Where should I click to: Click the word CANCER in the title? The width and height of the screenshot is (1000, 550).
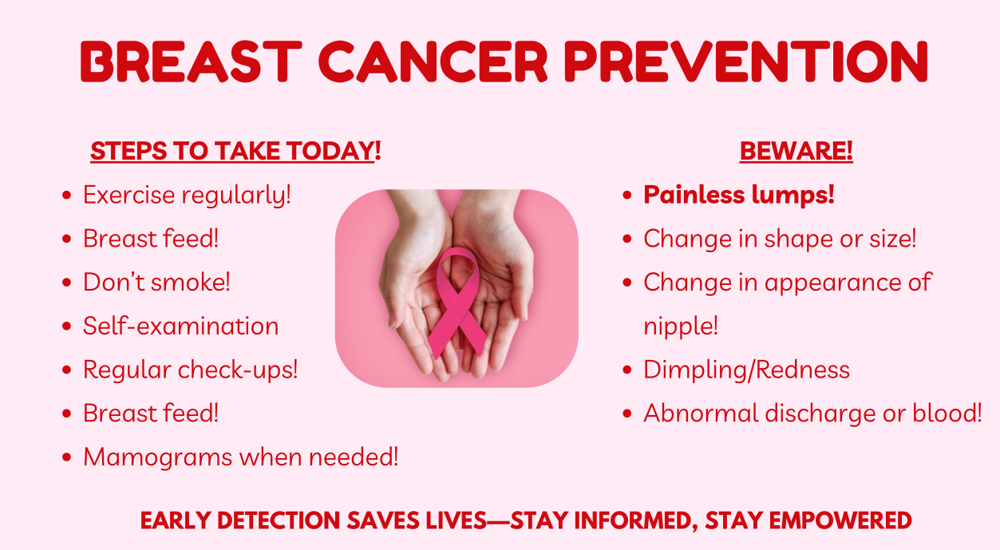tap(433, 61)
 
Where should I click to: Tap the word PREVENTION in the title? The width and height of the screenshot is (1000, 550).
tap(745, 61)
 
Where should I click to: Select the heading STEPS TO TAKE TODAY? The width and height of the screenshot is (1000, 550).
tap(235, 151)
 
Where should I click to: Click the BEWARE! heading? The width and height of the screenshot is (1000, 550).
tap(796, 151)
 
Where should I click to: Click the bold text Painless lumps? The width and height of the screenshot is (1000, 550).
tap(739, 195)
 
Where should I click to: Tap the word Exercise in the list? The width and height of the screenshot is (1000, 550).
tap(129, 195)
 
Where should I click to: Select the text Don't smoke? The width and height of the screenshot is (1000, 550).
tap(156, 282)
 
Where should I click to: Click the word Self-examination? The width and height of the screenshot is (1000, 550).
tap(181, 326)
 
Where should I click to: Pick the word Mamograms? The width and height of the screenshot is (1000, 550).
tap(158, 457)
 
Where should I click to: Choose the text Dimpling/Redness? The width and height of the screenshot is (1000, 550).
tap(746, 370)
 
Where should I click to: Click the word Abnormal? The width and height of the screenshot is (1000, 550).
tap(701, 413)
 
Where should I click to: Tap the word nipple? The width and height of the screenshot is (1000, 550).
tap(681, 326)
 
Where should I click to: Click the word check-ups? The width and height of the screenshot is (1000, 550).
tap(238, 370)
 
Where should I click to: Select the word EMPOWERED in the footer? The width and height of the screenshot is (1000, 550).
tap(840, 520)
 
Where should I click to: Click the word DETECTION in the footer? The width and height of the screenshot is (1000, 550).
tap(279, 520)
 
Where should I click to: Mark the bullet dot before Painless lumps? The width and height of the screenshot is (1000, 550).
tap(627, 195)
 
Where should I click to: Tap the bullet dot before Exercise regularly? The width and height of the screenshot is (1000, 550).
tap(67, 195)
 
